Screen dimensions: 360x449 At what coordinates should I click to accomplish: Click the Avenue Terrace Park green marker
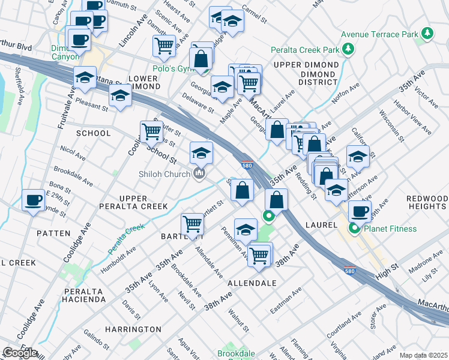pos(427,34)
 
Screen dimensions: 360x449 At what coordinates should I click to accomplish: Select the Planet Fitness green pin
pos(355,228)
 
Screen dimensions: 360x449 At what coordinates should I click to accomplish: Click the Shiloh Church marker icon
pos(199,174)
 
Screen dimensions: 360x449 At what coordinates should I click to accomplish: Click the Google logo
pos(20,353)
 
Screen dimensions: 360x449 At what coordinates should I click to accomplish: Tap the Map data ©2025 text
pos(423,355)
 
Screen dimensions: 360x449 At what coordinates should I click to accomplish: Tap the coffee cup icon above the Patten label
pos(33,200)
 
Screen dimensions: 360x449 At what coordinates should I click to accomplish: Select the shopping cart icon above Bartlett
pos(192,224)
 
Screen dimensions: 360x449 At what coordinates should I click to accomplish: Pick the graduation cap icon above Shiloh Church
pos(202,152)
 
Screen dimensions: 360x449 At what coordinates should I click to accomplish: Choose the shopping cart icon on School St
pos(151,130)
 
